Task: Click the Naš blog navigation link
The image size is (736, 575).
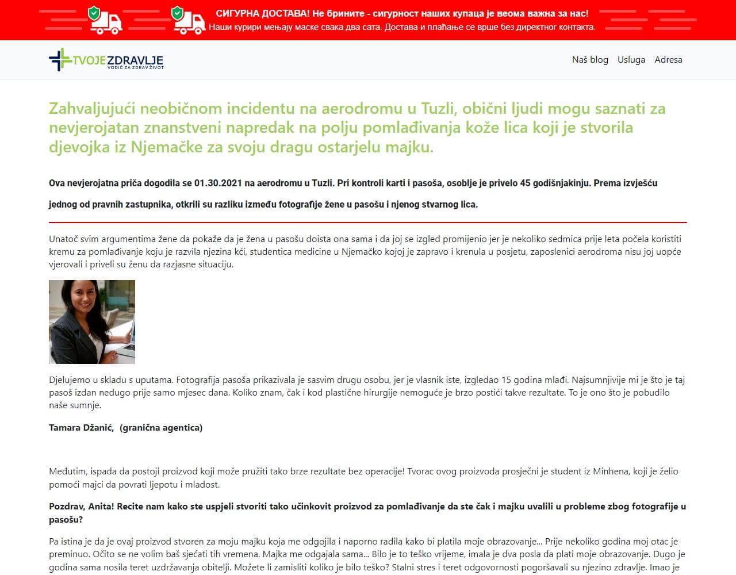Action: coord(590,60)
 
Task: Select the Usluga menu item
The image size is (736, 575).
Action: coord(631,60)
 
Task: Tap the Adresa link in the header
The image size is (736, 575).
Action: coord(668,60)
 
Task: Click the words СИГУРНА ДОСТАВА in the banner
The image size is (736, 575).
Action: coord(262,13)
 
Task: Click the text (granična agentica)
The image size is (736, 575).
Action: coord(161,428)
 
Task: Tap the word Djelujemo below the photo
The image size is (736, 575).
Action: coord(70,380)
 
